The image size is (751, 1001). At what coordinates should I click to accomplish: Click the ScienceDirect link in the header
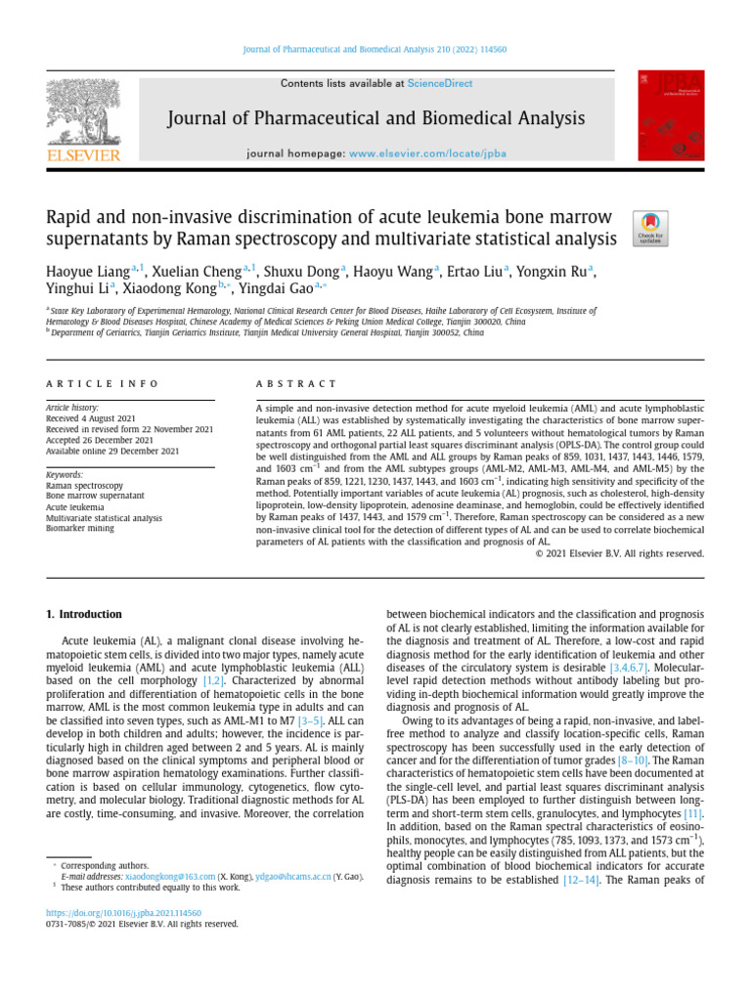[x=439, y=84]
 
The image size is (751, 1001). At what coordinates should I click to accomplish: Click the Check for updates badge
[x=650, y=227]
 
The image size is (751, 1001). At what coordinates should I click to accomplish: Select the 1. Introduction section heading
[x=85, y=614]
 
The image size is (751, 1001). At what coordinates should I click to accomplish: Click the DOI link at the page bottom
[x=124, y=911]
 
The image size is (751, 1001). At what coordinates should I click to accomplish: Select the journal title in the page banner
[x=376, y=119]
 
